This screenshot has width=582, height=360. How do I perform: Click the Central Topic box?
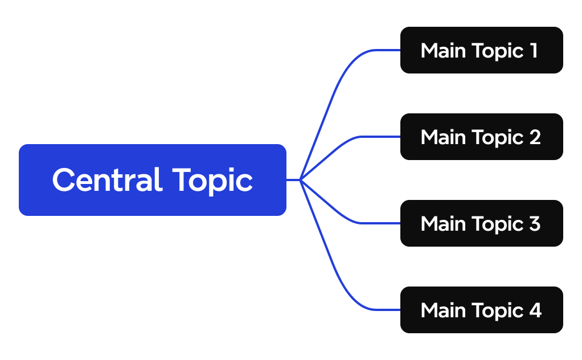pos(152,180)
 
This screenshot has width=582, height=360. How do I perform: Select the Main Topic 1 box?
pos(481,50)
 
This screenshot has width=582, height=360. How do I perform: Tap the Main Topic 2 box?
pos(481,137)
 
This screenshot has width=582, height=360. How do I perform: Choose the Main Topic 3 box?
pos(481,223)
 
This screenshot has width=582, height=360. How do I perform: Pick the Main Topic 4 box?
pos(481,310)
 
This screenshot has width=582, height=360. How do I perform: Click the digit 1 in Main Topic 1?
pos(534,51)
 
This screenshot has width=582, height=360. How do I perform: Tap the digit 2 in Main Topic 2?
pos(534,137)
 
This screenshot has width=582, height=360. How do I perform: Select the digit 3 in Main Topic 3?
pos(534,224)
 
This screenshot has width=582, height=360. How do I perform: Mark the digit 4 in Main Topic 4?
pos(535,310)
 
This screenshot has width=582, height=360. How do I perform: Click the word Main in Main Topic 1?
pos(441,51)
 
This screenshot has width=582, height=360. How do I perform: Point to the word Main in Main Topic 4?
pos(441,310)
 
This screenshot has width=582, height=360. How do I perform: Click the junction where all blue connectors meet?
pos(300,180)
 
